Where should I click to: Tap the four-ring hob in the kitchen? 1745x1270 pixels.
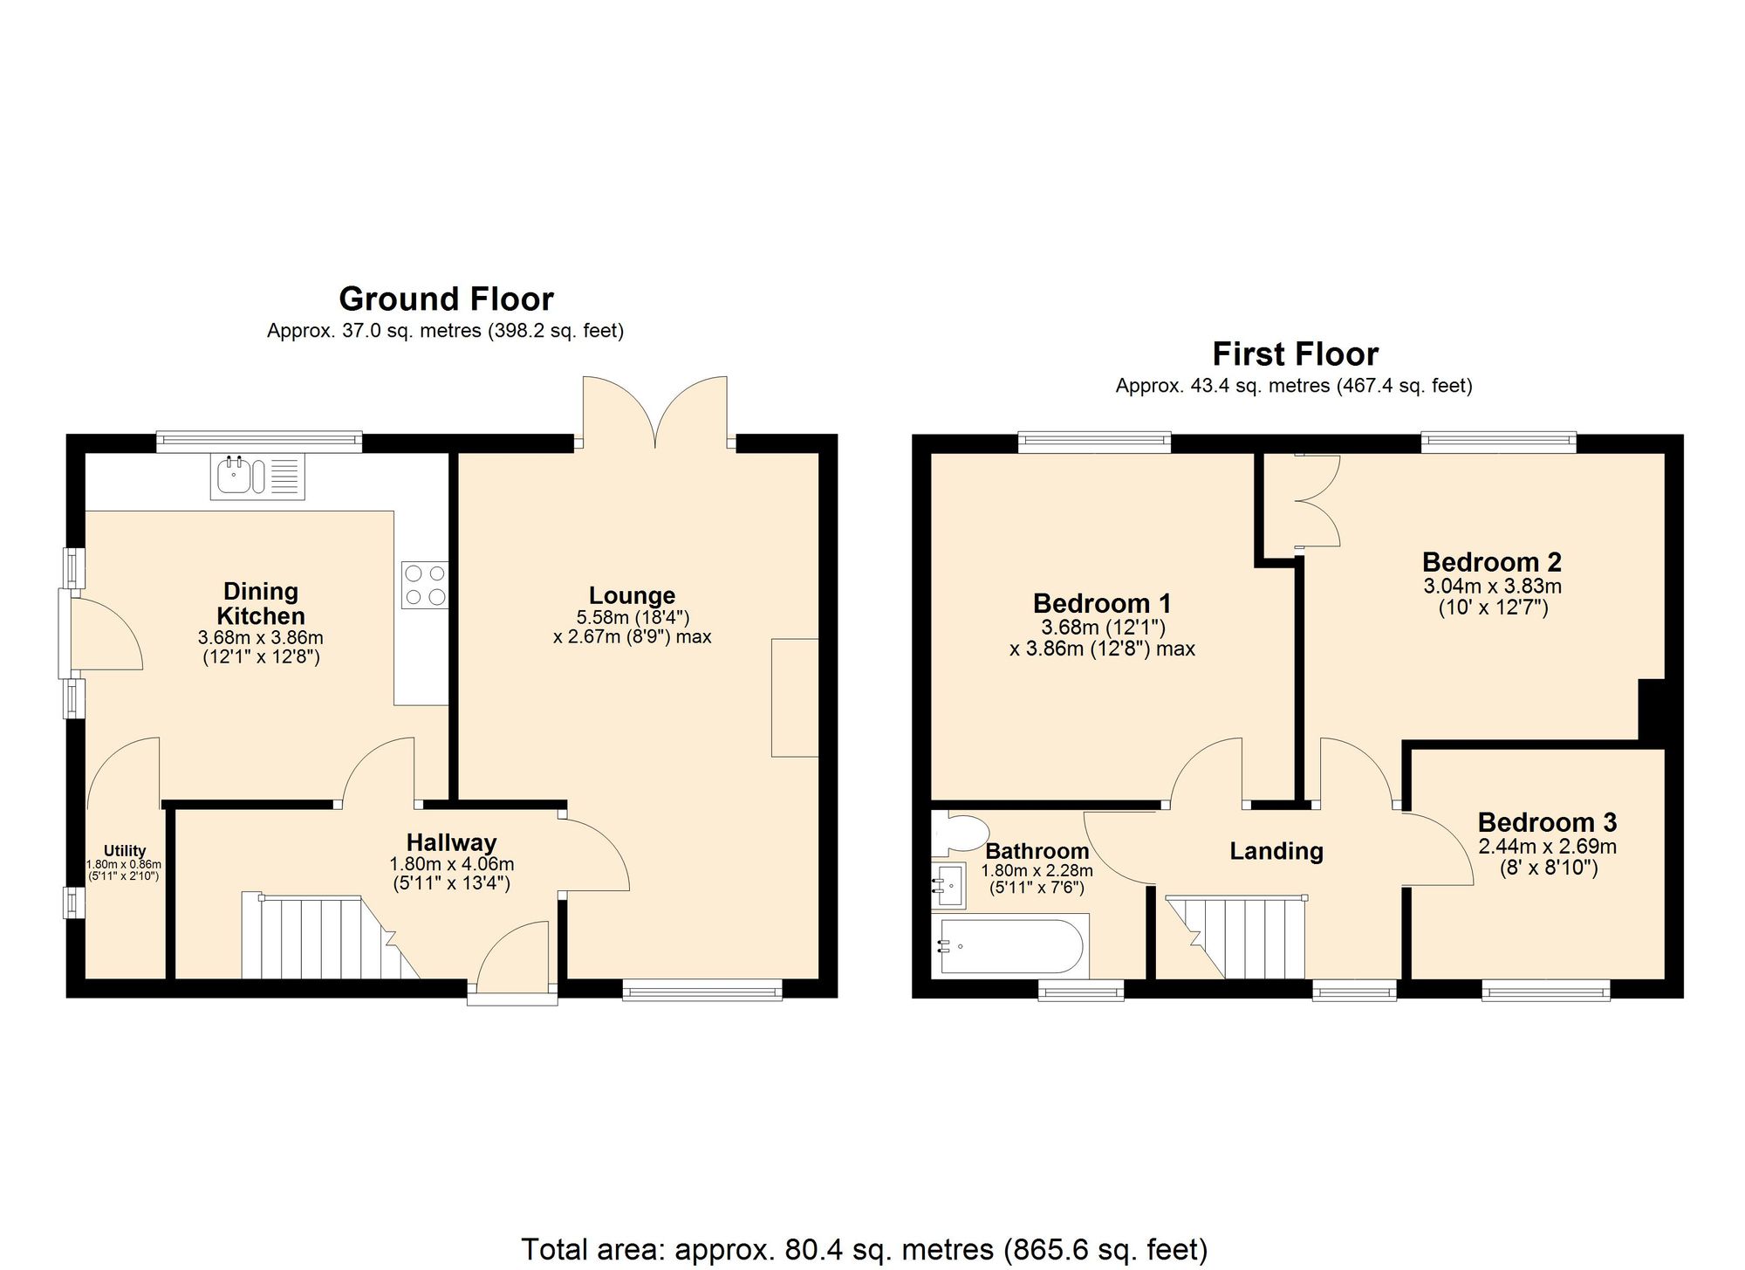[424, 585]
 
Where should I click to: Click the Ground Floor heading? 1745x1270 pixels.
[446, 299]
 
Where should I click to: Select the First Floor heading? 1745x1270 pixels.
[1295, 354]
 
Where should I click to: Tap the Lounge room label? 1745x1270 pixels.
[632, 595]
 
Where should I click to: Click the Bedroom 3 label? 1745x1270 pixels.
[1547, 822]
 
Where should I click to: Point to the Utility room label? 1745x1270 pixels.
[125, 851]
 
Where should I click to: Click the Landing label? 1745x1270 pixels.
[1276, 851]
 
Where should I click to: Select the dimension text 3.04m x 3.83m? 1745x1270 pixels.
[1492, 586]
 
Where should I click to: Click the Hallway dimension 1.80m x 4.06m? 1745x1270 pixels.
[451, 864]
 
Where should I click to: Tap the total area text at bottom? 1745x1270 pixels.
[864, 1249]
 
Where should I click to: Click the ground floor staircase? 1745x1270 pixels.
[323, 938]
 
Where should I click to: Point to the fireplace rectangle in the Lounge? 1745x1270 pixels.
[795, 697]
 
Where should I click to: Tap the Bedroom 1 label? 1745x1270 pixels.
[1101, 603]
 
